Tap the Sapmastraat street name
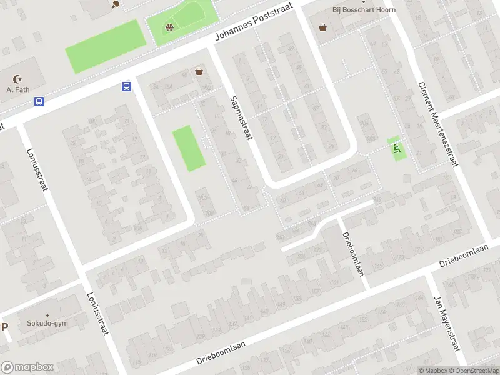241,117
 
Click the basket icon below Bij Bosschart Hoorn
322,27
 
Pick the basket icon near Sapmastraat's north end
199,72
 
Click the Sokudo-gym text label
47,323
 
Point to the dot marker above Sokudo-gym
47,316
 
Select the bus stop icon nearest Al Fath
39,101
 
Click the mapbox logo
27,367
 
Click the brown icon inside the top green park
169,27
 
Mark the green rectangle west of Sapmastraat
189,148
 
